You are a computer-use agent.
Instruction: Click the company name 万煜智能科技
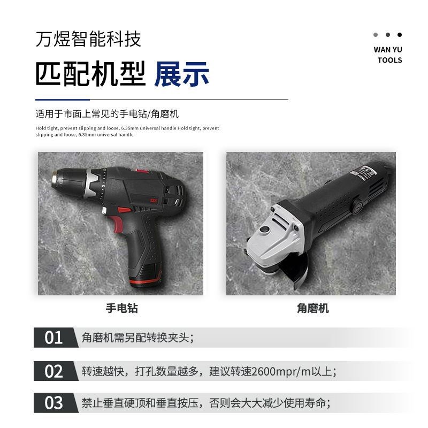coord(88,39)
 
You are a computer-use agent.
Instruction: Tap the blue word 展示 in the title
coord(181,74)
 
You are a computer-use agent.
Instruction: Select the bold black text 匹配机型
coord(90,74)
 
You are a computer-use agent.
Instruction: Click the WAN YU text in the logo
coord(388,50)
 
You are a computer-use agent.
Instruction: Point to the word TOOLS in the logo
coord(389,60)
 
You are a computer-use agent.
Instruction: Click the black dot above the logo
coord(400,35)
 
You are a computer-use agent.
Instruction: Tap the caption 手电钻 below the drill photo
coord(121,308)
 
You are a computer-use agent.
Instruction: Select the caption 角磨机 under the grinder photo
coord(312,308)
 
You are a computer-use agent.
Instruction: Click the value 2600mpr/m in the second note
coord(278,371)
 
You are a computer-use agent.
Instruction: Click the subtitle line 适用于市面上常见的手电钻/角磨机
coord(107,114)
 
